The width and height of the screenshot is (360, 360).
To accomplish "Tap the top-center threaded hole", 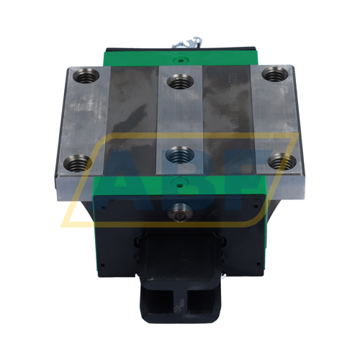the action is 180,81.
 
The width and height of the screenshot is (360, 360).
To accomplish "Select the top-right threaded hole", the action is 275,74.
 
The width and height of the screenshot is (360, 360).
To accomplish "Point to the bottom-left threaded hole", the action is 78,163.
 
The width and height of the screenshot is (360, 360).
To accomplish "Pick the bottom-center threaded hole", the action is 180,155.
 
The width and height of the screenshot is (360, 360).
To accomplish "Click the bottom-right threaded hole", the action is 282,161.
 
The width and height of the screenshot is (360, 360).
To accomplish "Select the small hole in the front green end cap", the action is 180,185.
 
